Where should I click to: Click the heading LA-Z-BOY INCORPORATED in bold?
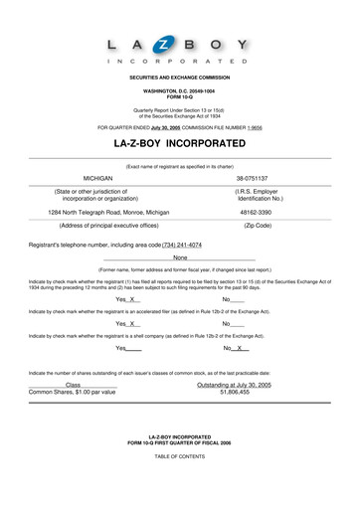(180, 144)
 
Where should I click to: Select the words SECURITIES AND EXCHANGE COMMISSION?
(180, 77)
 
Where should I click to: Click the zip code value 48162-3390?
(257, 212)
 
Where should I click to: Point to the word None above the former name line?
(180, 258)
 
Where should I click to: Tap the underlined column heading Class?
(73, 384)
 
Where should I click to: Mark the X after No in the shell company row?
(242, 349)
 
